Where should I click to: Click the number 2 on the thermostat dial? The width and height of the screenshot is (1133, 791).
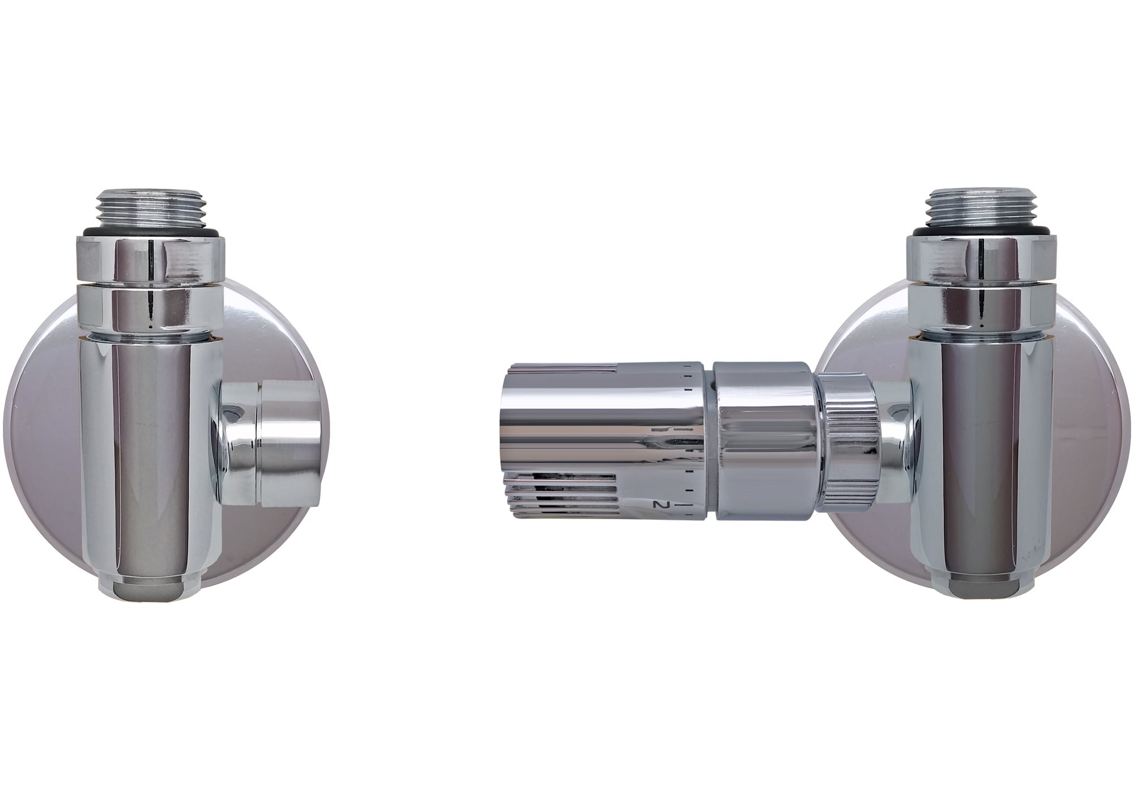click(658, 504)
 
